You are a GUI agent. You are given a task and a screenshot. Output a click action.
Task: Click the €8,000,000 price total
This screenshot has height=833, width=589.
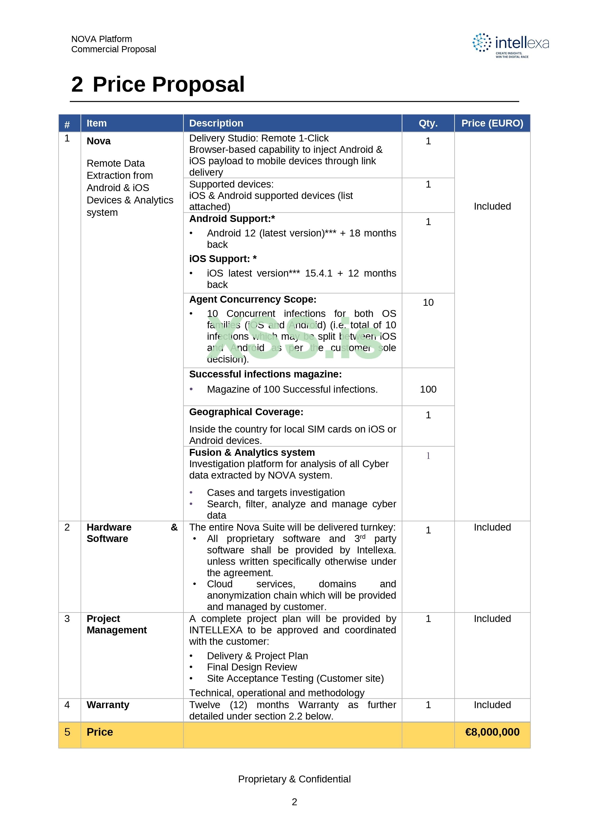point(492,732)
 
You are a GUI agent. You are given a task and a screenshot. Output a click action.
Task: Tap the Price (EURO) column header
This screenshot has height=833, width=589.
point(492,123)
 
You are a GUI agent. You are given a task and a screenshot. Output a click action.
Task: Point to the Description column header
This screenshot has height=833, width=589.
point(216,123)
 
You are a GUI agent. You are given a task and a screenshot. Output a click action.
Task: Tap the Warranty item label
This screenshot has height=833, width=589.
point(108,705)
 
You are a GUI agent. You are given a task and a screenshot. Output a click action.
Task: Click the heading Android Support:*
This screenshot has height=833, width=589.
point(232,219)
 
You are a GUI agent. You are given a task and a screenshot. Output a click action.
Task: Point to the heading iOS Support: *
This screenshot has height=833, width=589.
point(223,259)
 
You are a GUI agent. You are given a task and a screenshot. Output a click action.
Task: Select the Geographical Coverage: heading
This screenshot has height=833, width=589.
point(246,412)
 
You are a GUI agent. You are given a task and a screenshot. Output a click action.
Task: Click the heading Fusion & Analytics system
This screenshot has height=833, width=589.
point(252,452)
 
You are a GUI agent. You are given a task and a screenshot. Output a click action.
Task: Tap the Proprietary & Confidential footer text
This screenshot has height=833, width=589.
point(294,779)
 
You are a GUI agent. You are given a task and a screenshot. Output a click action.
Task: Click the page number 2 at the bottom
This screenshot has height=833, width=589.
point(294,802)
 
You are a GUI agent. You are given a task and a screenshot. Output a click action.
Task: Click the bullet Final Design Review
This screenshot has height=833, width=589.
point(252,667)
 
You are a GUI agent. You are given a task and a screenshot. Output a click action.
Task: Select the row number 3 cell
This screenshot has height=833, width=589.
point(67,619)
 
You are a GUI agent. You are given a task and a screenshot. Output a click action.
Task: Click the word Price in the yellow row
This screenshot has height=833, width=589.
point(100,732)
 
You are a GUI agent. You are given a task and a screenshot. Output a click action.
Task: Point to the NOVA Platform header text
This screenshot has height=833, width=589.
point(102,39)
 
